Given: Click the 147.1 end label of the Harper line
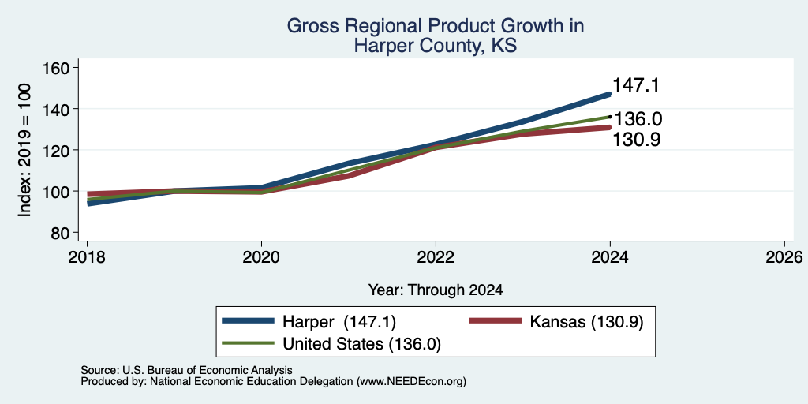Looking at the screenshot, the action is (x=636, y=85).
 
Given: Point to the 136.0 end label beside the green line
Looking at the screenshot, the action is (x=638, y=119).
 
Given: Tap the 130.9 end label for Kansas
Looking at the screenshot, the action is (x=637, y=139).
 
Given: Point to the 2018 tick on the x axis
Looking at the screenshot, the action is (x=87, y=256).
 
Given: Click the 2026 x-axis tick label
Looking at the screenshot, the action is (x=784, y=256).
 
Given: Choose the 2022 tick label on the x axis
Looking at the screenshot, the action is (x=436, y=256).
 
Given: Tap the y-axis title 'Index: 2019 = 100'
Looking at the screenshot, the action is (x=24, y=150).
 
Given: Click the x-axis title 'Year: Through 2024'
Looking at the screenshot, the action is (x=436, y=290).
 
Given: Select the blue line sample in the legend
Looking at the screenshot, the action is (x=248, y=321).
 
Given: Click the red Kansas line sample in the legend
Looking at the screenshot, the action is (x=495, y=321).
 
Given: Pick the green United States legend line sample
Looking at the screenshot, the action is (x=248, y=342).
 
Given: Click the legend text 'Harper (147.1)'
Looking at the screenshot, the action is (x=339, y=322).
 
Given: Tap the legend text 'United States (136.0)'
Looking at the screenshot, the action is (x=361, y=344).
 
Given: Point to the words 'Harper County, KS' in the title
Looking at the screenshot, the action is (x=436, y=46).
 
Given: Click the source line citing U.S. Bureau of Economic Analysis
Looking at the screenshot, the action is (x=186, y=370).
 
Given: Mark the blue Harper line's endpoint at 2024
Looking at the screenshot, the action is (x=610, y=95).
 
